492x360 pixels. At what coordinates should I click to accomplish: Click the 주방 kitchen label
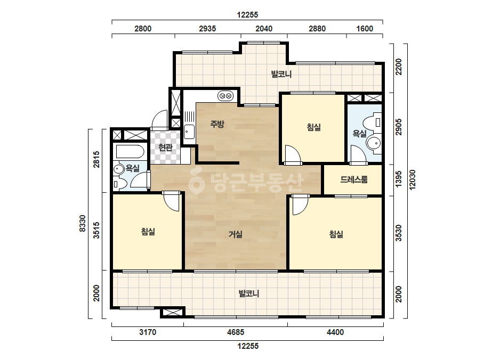[x=217, y=124]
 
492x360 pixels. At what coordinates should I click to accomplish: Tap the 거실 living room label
[x=235, y=234]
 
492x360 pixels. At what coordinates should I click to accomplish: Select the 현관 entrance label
[x=165, y=147]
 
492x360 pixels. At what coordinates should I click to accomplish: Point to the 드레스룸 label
[x=354, y=179]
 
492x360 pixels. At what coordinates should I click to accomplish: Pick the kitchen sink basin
[x=189, y=132]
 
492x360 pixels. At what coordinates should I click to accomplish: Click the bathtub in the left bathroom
[x=130, y=152]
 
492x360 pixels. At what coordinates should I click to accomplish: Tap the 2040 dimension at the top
[x=264, y=29]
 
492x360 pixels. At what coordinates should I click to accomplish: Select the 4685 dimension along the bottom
[x=235, y=332]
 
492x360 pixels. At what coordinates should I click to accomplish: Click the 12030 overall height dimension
[x=412, y=179]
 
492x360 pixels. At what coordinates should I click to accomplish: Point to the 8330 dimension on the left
[x=83, y=223]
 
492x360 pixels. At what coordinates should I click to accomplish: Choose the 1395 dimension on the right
[x=399, y=179]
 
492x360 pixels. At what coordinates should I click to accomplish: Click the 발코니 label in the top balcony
[x=281, y=75]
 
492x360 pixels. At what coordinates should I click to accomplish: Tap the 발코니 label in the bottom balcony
[x=249, y=294]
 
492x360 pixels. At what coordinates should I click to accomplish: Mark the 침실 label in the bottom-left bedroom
[x=148, y=232]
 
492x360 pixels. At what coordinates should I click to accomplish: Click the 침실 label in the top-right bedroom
[x=314, y=127]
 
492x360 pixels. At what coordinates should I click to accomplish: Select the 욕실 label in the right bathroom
[x=359, y=134]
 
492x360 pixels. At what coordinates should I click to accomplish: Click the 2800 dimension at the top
[x=143, y=29]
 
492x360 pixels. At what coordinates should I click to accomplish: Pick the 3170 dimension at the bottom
[x=148, y=332]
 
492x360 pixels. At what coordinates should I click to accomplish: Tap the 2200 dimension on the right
[x=399, y=67]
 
